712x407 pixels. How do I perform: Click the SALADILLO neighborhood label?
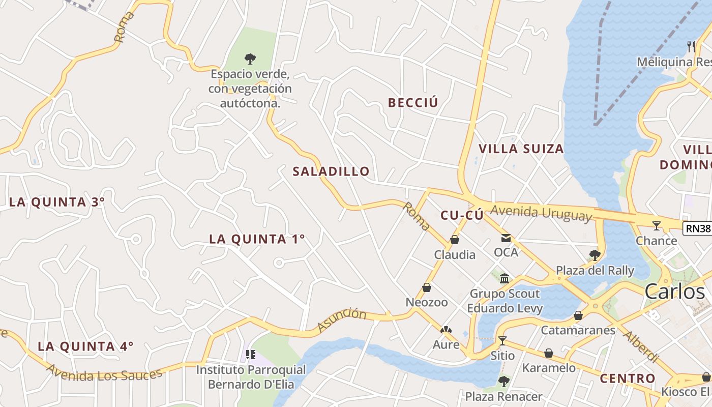pyautogui.click(x=331, y=171)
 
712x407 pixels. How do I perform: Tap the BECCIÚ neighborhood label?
pyautogui.click(x=412, y=103)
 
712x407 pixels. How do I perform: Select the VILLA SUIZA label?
pyautogui.click(x=521, y=149)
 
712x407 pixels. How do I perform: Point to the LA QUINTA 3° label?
pyautogui.click(x=57, y=202)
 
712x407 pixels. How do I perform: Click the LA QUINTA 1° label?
pyautogui.click(x=257, y=239)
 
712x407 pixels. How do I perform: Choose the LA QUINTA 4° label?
pyautogui.click(x=85, y=346)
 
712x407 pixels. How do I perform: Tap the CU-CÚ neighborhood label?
pyautogui.click(x=462, y=215)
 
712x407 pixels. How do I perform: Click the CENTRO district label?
pyautogui.click(x=627, y=379)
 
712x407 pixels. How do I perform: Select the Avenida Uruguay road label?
pyautogui.click(x=542, y=213)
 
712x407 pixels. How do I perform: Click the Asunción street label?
pyautogui.click(x=341, y=319)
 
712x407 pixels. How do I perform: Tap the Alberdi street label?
pyautogui.click(x=641, y=347)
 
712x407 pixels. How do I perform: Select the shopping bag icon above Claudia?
pyautogui.click(x=455, y=240)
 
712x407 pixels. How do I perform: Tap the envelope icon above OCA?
pyautogui.click(x=506, y=238)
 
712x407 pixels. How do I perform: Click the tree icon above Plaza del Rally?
pyautogui.click(x=595, y=255)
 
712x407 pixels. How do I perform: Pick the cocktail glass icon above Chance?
pyautogui.click(x=657, y=225)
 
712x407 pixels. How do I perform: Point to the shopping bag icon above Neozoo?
pyautogui.click(x=427, y=287)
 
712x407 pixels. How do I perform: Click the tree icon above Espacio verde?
pyautogui.click(x=250, y=59)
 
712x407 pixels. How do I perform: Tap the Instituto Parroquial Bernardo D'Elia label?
pyautogui.click(x=251, y=377)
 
